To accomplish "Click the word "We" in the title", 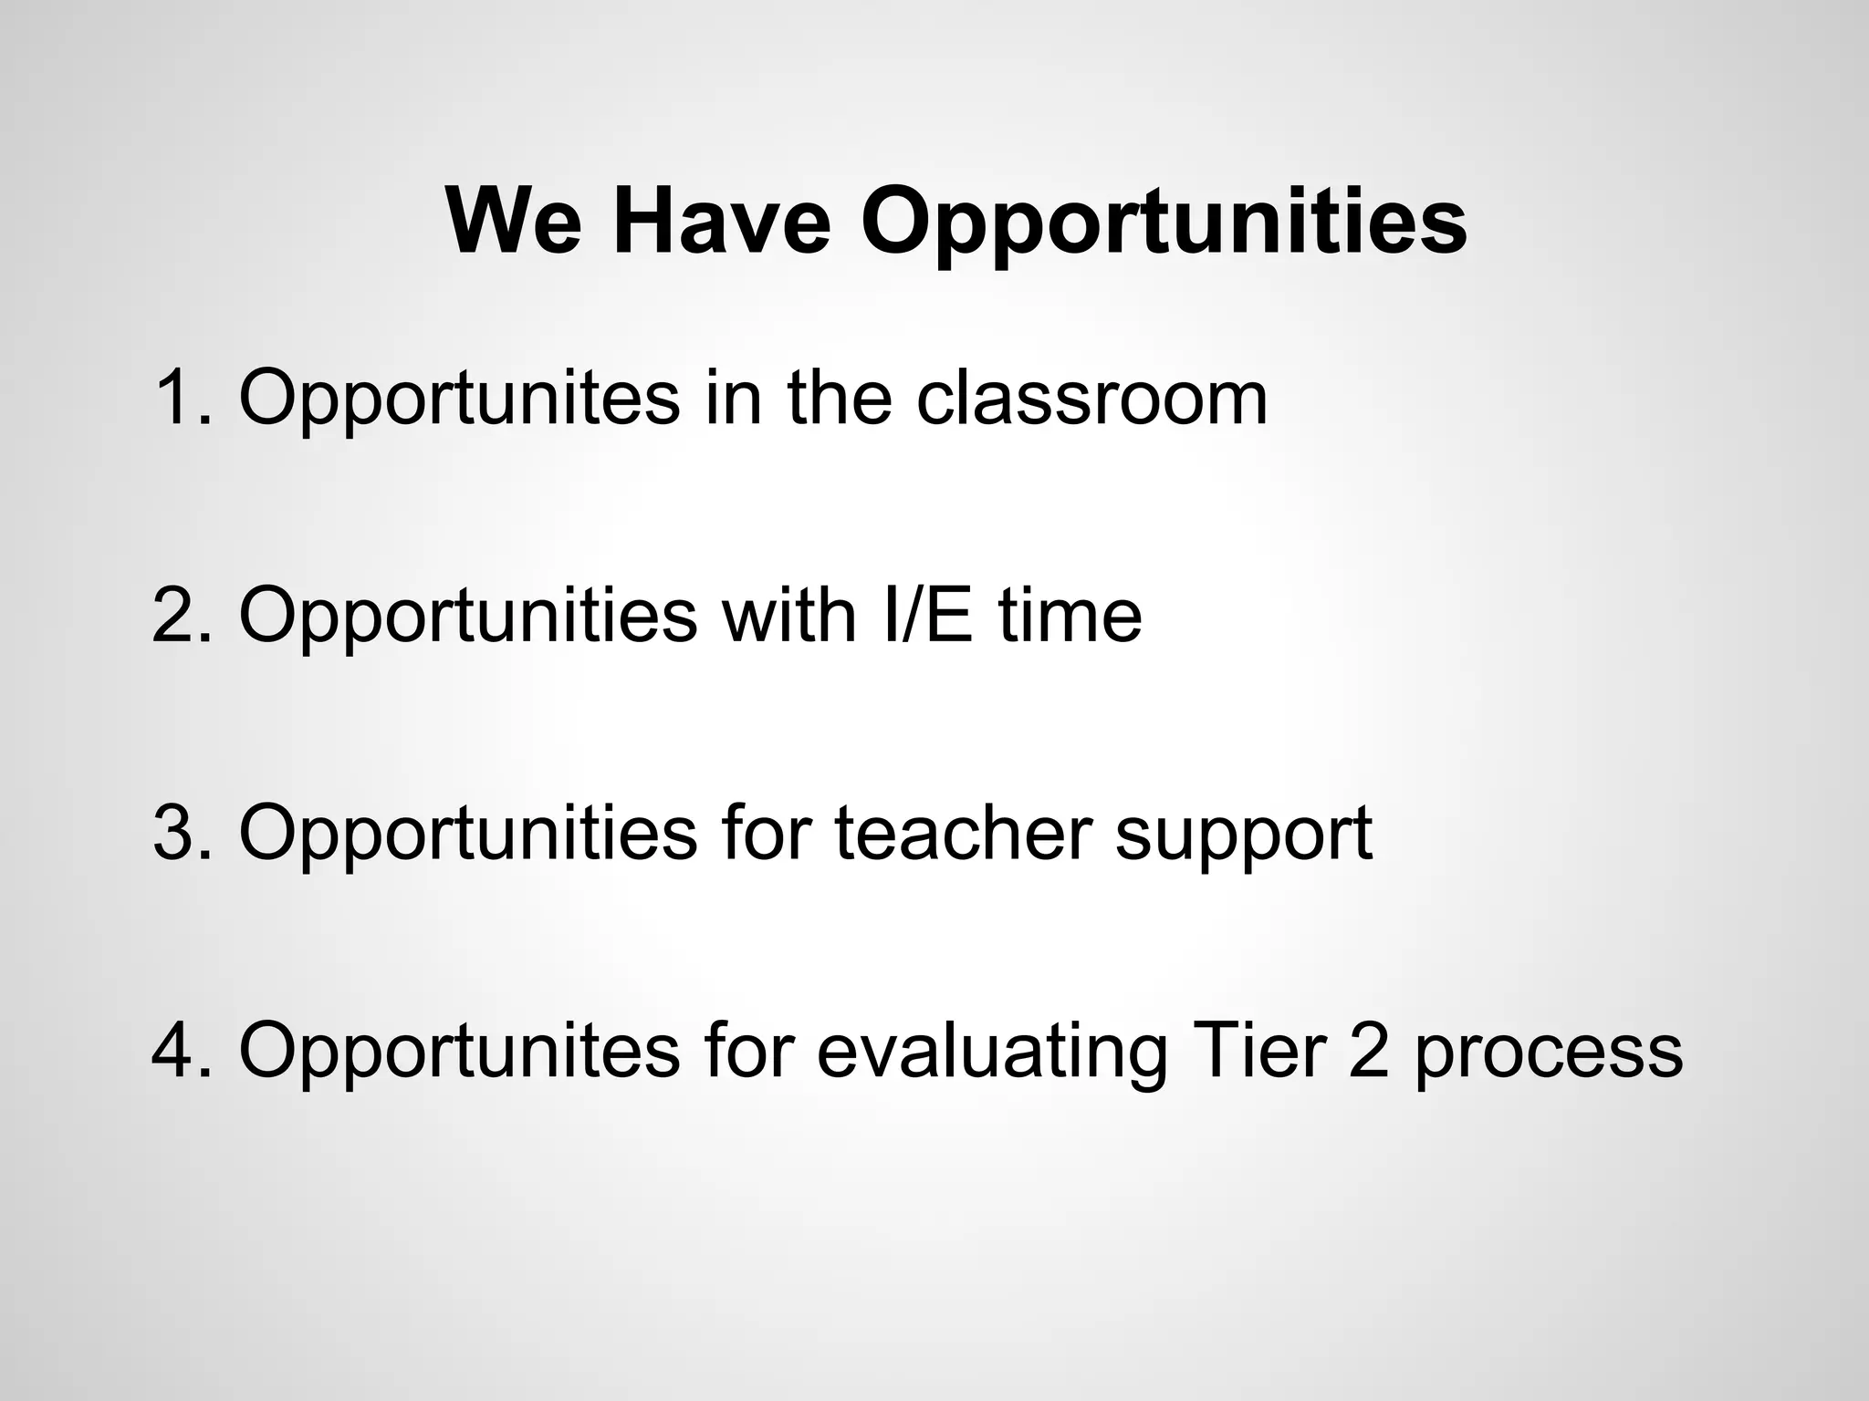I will [x=514, y=222].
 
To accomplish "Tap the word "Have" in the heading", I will [x=722, y=222].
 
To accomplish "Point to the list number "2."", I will [x=183, y=615].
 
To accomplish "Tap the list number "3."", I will [x=183, y=832].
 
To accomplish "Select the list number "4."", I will [x=183, y=1050].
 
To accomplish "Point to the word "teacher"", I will [x=963, y=832].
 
